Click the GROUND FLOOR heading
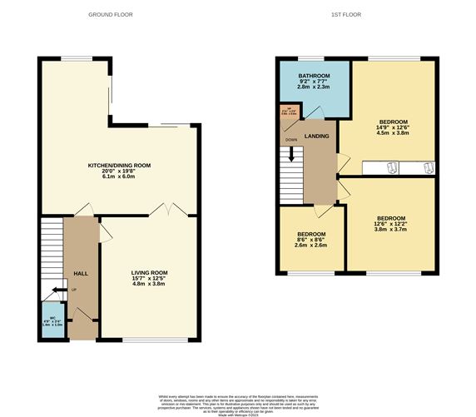point(111,15)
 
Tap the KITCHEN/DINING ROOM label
point(125,166)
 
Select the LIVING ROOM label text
point(149,272)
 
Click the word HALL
point(81,273)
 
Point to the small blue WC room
point(51,320)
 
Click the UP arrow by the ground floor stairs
point(57,290)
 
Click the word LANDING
point(316,137)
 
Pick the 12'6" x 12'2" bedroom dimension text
point(390,225)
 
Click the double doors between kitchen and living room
point(167,209)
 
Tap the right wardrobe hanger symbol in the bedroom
point(428,168)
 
